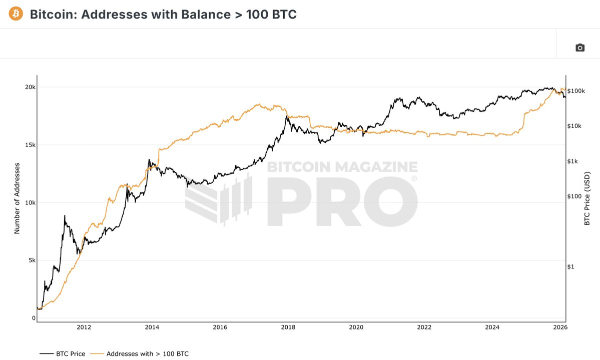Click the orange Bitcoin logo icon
tap(16, 14)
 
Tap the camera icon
tap(579, 47)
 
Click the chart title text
tap(163, 14)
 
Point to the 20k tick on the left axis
tap(31, 87)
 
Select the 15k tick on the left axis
tap(31, 145)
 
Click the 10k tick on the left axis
tap(31, 202)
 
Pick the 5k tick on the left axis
tap(31, 260)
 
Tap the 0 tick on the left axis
tap(34, 318)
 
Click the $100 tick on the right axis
tap(574, 196)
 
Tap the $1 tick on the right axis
tap(570, 266)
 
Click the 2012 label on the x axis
tap(84, 328)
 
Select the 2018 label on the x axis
tap(288, 328)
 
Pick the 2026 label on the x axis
tap(560, 328)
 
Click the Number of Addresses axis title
tap(17, 198)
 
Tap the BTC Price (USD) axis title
tap(587, 198)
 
